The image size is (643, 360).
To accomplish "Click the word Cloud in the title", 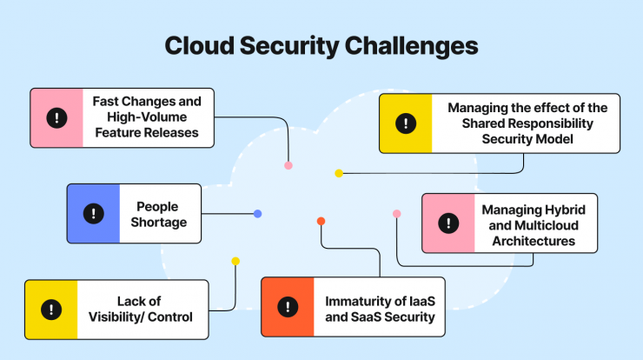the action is tap(199, 45).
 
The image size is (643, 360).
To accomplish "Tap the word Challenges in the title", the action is tap(411, 46).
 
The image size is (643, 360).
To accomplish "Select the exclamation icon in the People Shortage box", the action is tap(94, 213).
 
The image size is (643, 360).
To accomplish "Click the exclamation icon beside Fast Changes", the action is tap(56, 117).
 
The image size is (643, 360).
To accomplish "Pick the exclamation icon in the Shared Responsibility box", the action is tap(406, 123).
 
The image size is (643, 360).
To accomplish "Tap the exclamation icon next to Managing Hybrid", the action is tap(448, 223).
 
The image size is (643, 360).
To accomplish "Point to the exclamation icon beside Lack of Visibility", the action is tap(51, 310).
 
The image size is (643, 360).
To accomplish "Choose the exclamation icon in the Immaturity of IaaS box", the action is tap(288, 307).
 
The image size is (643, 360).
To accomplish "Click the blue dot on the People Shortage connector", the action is tap(257, 213).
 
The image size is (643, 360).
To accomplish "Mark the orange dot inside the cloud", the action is tap(321, 221).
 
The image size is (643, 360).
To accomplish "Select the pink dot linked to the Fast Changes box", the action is tap(288, 165).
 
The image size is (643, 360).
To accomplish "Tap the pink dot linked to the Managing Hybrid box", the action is tap(396, 213).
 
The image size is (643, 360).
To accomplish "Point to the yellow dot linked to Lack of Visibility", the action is tap(235, 261).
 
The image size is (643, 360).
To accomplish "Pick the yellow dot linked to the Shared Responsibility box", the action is tap(339, 173).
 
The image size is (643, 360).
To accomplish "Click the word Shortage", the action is tap(159, 223).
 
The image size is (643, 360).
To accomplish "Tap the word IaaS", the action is tap(422, 301).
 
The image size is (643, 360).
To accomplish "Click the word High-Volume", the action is tap(147, 117).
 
